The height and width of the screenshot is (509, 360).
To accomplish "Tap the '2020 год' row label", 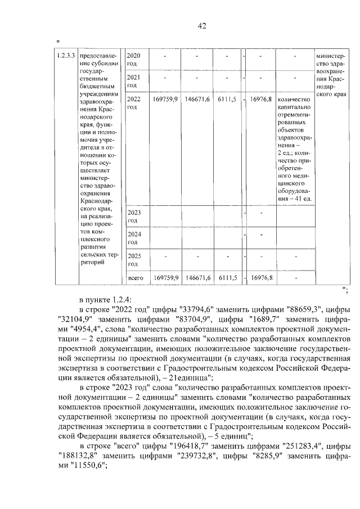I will [x=133, y=59].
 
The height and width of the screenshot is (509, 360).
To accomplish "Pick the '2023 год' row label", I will [x=133, y=217].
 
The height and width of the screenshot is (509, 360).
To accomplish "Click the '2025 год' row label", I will [x=133, y=260].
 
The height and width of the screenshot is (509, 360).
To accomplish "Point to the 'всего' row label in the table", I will [x=137, y=278].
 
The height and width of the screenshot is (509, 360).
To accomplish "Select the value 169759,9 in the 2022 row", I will [x=165, y=99].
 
